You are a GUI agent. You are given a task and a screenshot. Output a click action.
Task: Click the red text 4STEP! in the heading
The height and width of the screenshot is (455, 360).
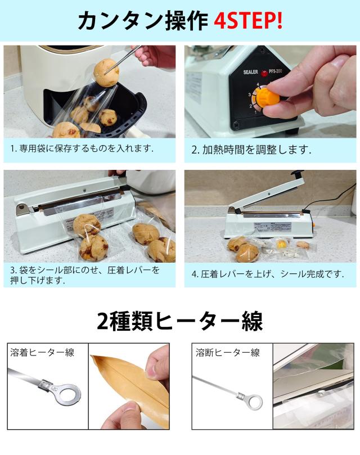248,21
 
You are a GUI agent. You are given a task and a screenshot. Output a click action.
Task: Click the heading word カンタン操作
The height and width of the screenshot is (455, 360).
143,21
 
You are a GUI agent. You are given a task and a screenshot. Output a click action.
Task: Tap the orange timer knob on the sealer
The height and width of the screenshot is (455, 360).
268,96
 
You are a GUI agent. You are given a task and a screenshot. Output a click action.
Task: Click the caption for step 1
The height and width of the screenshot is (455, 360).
82,149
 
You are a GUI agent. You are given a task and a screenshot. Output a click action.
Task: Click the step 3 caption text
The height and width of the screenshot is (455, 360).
84,275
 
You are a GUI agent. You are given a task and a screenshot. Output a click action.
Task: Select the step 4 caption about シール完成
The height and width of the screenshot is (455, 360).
267,274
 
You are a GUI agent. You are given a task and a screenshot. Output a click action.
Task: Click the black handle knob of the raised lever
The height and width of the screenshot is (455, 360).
296,175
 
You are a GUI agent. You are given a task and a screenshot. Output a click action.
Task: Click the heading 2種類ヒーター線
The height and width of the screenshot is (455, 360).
179,321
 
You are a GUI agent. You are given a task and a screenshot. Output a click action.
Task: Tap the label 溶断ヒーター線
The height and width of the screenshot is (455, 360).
227,353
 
